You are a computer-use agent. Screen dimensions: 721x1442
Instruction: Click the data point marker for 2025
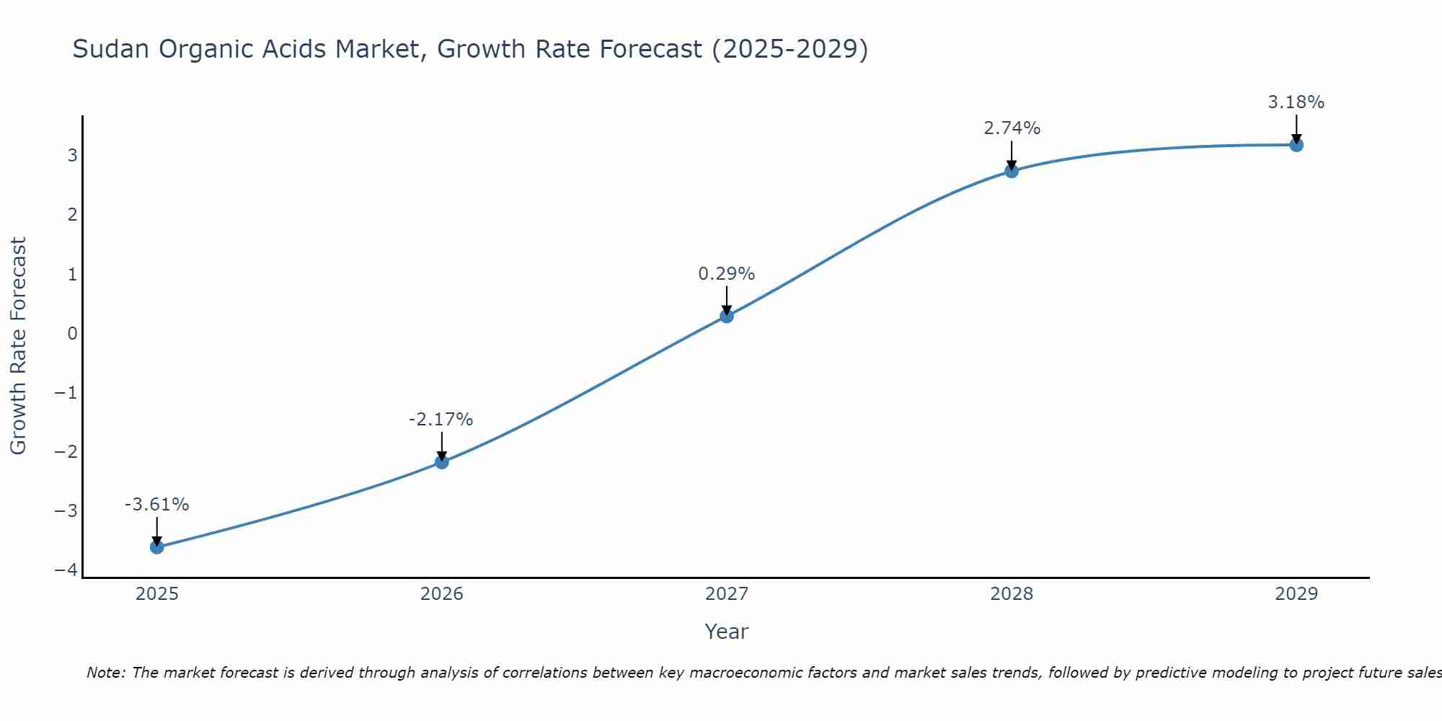(157, 547)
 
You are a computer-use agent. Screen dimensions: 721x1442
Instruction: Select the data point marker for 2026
(442, 461)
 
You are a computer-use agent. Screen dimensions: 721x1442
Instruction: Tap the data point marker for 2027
(727, 316)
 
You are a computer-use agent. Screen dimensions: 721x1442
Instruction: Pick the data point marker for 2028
(1012, 171)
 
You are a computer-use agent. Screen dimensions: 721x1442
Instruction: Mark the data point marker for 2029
(1296, 145)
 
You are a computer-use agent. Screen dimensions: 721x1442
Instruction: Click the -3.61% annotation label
(157, 505)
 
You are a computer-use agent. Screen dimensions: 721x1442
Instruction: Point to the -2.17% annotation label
(441, 420)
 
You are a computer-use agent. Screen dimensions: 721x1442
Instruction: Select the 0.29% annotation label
(727, 274)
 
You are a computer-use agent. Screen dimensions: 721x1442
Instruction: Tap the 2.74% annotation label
(1012, 128)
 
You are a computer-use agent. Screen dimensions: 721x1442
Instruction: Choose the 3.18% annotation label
(1296, 102)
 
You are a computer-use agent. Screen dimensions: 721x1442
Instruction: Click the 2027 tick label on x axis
(727, 594)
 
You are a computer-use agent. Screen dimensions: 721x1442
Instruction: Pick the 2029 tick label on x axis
(1296, 594)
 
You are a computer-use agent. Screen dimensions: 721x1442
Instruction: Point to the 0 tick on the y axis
(72, 334)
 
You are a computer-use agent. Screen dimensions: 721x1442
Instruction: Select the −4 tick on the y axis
(66, 570)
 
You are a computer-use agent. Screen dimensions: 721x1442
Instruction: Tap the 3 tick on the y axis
(72, 156)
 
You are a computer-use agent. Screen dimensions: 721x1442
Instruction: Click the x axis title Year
(727, 632)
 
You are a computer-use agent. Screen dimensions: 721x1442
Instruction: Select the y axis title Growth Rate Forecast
(18, 346)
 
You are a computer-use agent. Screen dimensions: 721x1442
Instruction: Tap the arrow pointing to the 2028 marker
(1012, 154)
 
